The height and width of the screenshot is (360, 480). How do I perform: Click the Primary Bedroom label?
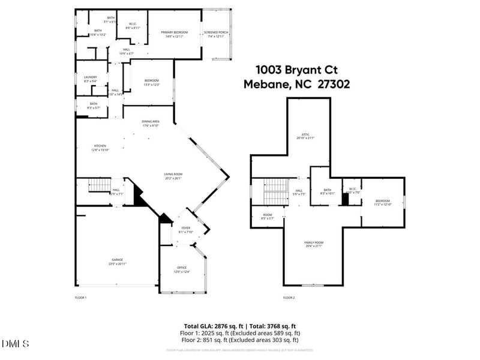pyautogui.click(x=173, y=32)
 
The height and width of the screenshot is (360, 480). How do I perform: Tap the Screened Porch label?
pyautogui.click(x=215, y=32)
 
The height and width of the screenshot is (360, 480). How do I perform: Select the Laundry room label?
pyautogui.click(x=91, y=77)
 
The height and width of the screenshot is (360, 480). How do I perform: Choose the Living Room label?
pyautogui.click(x=173, y=175)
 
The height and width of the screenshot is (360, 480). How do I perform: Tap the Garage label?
pyautogui.click(x=117, y=260)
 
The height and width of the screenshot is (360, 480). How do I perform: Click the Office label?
pyautogui.click(x=182, y=268)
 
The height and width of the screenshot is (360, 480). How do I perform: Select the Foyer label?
pyautogui.click(x=185, y=229)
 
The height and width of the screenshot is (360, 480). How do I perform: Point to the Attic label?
pyautogui.click(x=305, y=134)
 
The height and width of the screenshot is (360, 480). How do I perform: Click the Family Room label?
pyautogui.click(x=314, y=243)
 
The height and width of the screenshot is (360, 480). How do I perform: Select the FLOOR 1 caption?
pyautogui.click(x=81, y=298)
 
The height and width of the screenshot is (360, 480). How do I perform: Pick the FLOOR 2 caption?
pyautogui.click(x=289, y=298)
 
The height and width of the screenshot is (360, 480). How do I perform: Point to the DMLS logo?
pyautogui.click(x=16, y=344)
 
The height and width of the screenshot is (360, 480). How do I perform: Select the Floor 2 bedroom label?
pyautogui.click(x=383, y=201)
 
